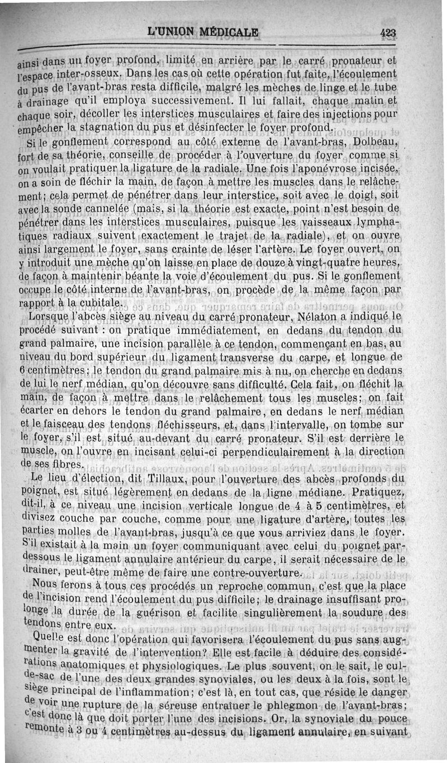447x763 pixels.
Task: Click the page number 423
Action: tap(388, 33)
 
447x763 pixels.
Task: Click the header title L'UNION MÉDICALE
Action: tap(203, 32)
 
